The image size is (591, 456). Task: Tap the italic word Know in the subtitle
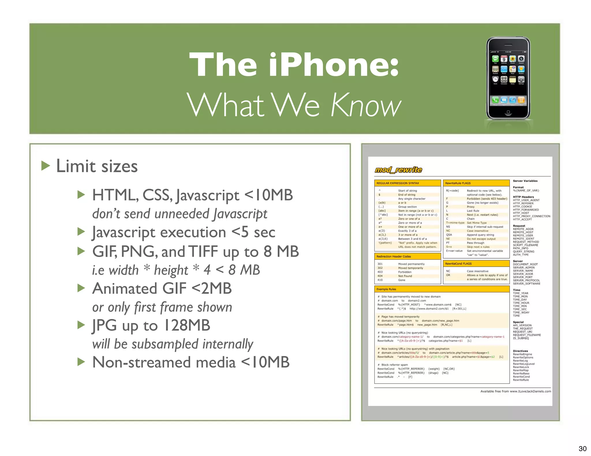(366, 105)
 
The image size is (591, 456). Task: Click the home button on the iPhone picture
(508, 112)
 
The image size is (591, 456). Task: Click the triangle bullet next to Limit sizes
(46, 166)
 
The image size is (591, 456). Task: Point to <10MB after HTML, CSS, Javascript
(268, 195)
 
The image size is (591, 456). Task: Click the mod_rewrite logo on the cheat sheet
(398, 170)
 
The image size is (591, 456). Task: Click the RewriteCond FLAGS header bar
(458, 263)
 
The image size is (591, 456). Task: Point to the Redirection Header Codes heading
(394, 256)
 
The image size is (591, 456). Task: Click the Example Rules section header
(386, 289)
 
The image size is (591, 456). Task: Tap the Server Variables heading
(525, 181)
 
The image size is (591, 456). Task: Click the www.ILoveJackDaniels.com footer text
(530, 391)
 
